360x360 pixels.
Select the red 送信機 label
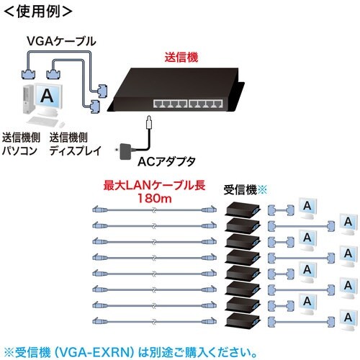click(181, 54)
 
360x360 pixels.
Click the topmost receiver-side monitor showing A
click(308, 208)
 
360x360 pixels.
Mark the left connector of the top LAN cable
click(95, 210)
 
